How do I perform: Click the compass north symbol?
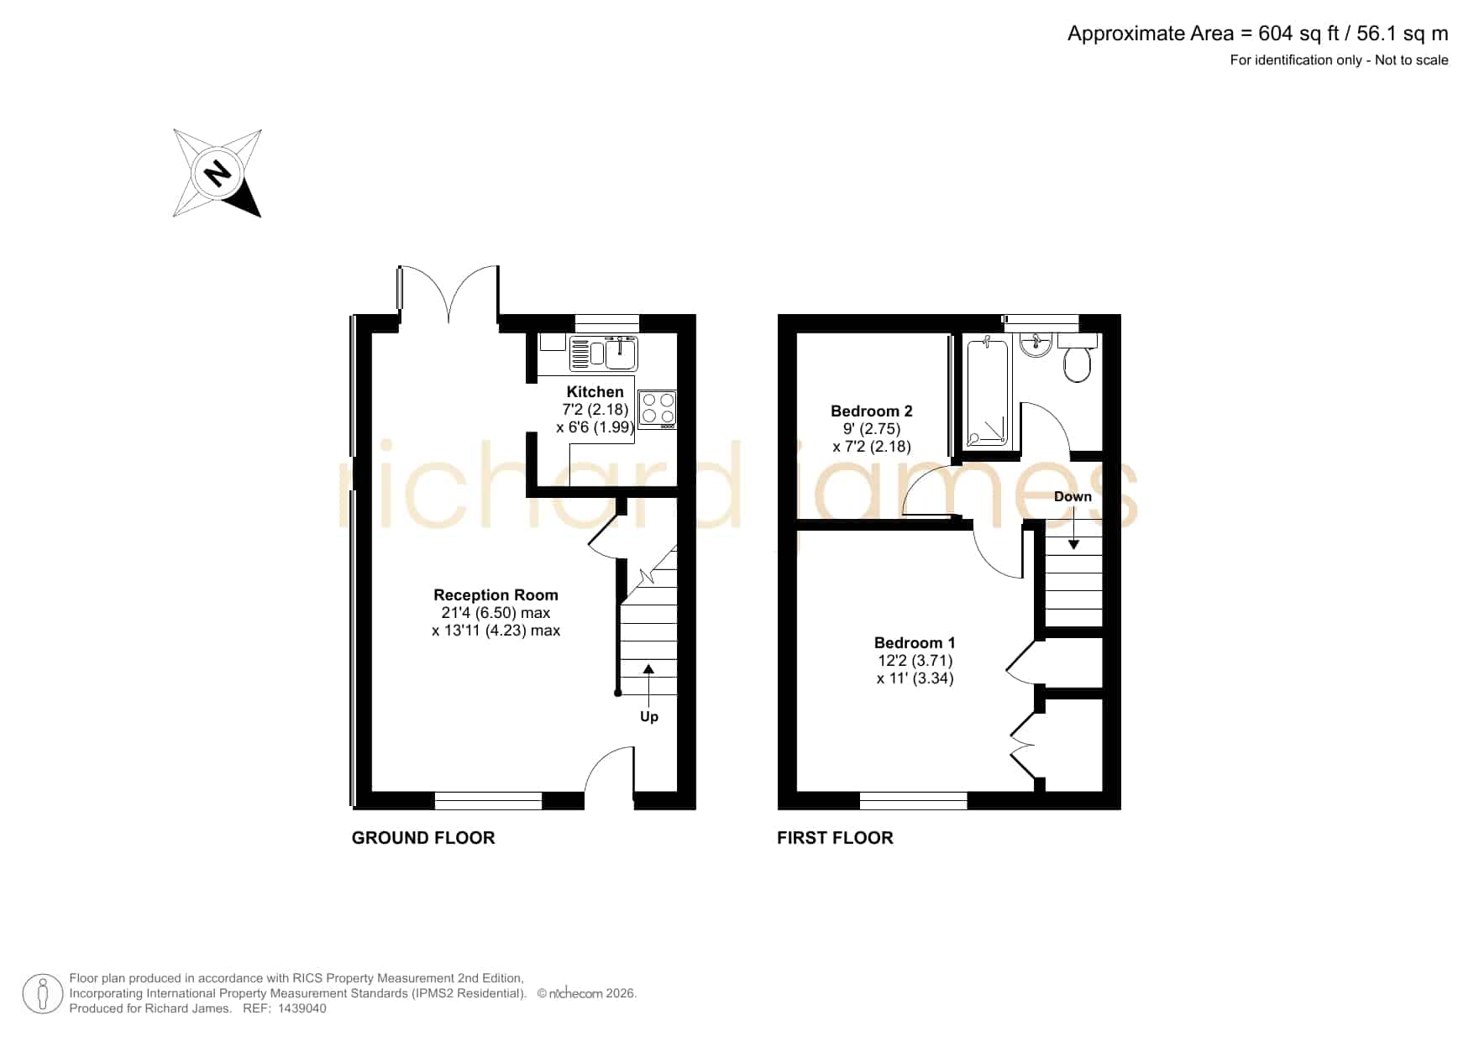tap(218, 173)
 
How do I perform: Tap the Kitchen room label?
tap(595, 392)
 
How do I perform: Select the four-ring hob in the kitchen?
tap(658, 410)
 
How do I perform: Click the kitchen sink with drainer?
tap(604, 353)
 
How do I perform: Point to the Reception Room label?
tap(496, 595)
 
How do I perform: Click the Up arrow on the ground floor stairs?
tap(648, 680)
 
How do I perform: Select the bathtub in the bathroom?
tap(987, 392)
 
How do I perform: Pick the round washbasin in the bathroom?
tap(1036, 345)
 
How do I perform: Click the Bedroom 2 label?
tap(871, 411)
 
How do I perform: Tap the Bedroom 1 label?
tap(915, 643)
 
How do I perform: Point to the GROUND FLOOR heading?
tap(423, 838)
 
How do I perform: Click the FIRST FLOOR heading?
tap(835, 838)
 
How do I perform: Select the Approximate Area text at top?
tap(1257, 34)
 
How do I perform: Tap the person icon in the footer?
tap(42, 994)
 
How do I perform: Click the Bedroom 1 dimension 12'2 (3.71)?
tap(915, 661)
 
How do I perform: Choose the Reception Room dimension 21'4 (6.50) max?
tap(496, 613)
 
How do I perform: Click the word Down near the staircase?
tap(1073, 496)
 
